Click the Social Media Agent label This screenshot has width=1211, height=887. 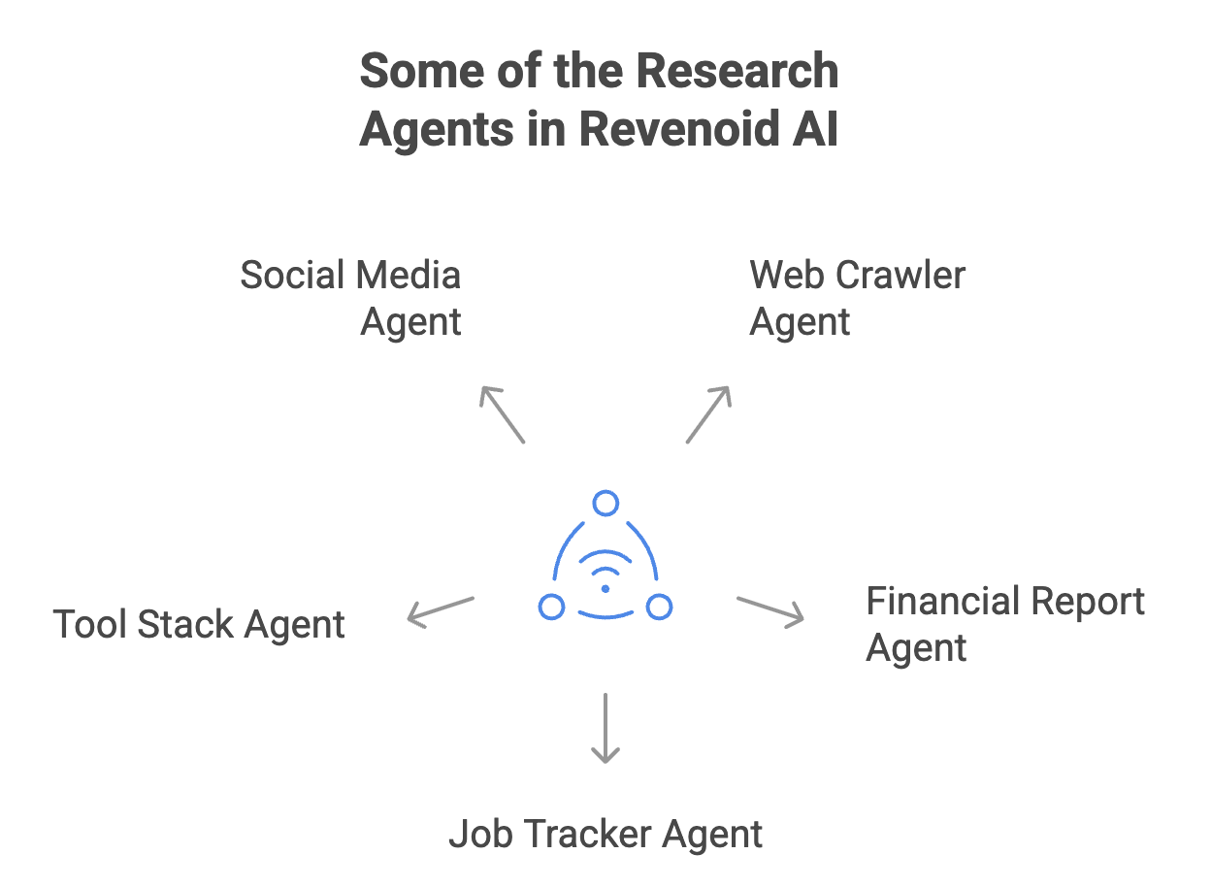pos(351,298)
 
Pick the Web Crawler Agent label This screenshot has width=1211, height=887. pos(857,298)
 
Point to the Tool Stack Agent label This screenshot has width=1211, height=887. pos(199,624)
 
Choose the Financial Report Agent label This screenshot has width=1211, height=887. pos(1005,624)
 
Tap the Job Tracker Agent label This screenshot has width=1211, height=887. pos(605,835)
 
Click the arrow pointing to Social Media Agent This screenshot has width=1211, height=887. pos(503,414)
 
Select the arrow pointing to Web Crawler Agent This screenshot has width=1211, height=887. pos(708,414)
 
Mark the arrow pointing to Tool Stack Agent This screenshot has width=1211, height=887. pos(440,609)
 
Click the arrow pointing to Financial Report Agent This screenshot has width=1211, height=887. pos(771,609)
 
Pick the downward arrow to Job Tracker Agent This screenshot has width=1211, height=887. pos(605,728)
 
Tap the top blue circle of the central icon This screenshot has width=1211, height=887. pos(605,504)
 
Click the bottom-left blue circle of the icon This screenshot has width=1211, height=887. pos(551,608)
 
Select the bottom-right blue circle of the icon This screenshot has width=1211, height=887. pos(660,608)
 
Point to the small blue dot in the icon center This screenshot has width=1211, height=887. pos(605,589)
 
